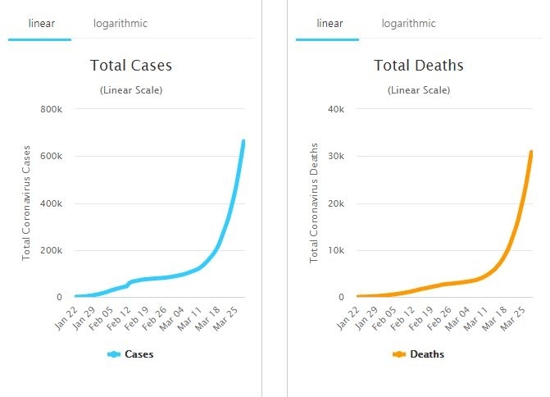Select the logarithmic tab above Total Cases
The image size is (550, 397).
coord(120,24)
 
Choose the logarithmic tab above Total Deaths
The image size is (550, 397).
coord(409,24)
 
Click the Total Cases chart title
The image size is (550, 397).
coord(131,66)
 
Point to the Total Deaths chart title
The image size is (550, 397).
coord(418,66)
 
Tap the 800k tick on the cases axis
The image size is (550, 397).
coord(51,109)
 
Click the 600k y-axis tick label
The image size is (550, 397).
coord(51,156)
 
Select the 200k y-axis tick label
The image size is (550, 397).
coord(51,250)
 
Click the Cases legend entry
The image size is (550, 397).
coord(131,354)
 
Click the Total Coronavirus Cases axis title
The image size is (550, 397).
coord(26,203)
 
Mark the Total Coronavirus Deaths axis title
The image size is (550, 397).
coord(313,203)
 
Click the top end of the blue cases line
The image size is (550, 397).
coord(243,142)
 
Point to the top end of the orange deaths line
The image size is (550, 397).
coord(531,152)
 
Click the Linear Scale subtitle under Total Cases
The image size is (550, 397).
coord(131,89)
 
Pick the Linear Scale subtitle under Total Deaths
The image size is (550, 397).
coord(418,89)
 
